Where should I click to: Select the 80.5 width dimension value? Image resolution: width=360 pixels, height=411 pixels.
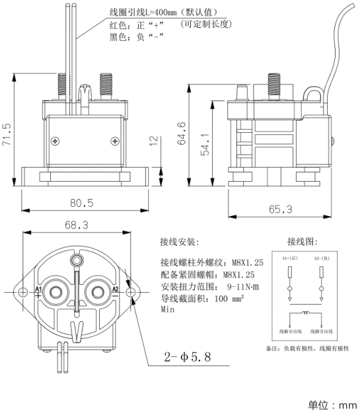click(x=82, y=202)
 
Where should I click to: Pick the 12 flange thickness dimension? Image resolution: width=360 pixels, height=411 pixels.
click(x=154, y=141)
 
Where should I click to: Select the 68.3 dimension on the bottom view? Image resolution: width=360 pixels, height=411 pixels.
click(x=77, y=225)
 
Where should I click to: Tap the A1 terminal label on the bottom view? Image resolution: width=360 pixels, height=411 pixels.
click(x=38, y=290)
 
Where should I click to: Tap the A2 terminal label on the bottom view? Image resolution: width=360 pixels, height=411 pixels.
click(x=115, y=290)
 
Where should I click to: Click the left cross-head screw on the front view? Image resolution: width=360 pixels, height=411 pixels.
click(x=55, y=140)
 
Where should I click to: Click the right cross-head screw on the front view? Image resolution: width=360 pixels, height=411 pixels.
click(x=116, y=140)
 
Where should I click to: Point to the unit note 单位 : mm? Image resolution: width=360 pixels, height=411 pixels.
click(x=332, y=404)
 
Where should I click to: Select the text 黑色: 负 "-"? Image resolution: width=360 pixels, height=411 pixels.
click(x=135, y=37)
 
